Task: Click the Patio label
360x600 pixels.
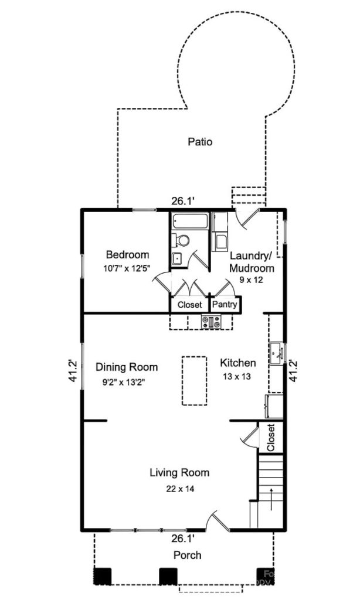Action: click(x=200, y=141)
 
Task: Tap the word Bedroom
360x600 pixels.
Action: click(x=127, y=255)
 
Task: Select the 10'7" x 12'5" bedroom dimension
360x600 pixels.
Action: click(x=127, y=269)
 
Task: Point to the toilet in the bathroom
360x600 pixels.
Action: click(x=182, y=240)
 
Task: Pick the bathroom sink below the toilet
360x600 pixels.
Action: click(x=176, y=258)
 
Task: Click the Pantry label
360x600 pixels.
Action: click(x=224, y=305)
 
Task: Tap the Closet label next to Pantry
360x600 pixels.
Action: click(x=189, y=305)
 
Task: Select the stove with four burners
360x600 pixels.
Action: click(x=210, y=321)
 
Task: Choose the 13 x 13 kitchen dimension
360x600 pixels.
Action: click(x=237, y=377)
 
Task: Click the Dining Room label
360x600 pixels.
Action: click(x=127, y=367)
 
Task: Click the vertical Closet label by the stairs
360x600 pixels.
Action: click(x=271, y=437)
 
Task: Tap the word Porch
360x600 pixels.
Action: click(x=186, y=555)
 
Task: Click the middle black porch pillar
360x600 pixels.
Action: click(x=168, y=576)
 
